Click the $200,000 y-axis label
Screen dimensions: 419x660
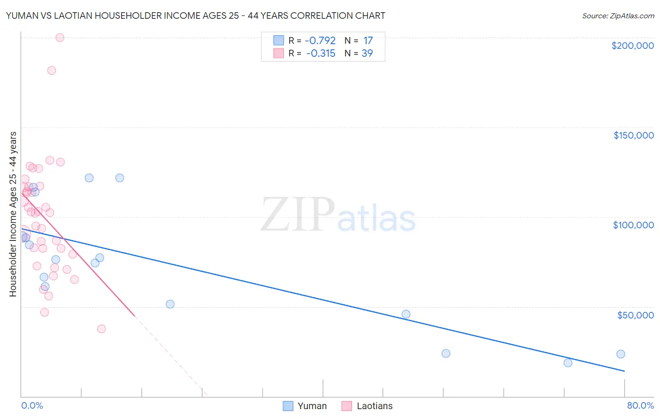tap(632, 46)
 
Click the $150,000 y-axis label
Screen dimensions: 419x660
tap(633, 135)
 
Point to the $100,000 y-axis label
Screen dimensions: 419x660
tap(633, 225)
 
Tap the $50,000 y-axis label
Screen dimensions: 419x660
tap(635, 315)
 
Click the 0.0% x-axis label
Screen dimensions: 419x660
tap(32, 405)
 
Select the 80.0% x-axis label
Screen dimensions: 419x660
tap(640, 405)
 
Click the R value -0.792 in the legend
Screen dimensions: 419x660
tap(321, 41)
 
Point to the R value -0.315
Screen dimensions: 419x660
tap(321, 54)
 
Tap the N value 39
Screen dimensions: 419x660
tap(367, 54)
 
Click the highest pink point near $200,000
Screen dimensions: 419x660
tap(60, 38)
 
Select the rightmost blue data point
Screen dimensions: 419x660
tap(621, 354)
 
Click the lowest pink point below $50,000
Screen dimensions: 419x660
tap(101, 329)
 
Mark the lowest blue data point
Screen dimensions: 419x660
tap(568, 363)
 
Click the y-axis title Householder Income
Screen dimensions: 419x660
tap(13, 214)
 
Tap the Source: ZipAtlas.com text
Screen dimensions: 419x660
tap(618, 16)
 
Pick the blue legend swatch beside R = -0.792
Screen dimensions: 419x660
tap(278, 41)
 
